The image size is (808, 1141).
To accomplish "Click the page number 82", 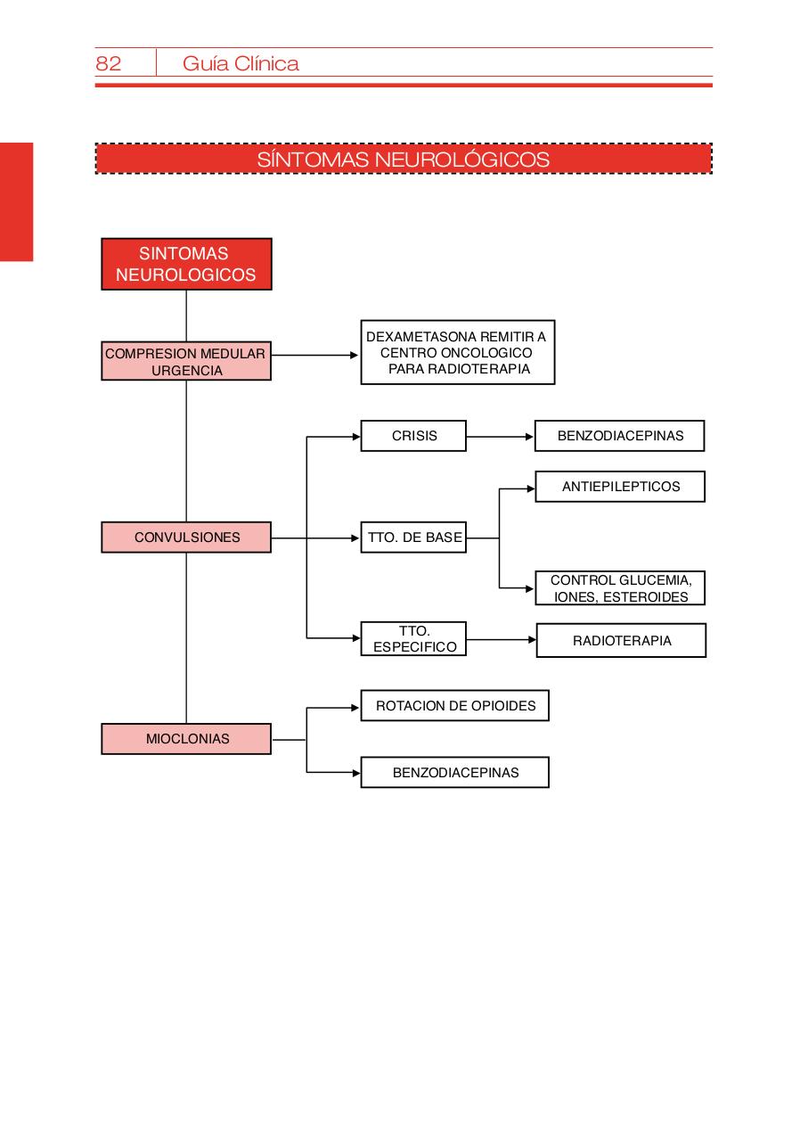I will coord(108,63).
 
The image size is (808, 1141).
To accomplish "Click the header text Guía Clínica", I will coord(241,63).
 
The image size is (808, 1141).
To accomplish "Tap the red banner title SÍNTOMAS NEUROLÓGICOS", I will coord(404,160).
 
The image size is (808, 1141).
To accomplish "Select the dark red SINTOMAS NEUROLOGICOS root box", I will coord(186,265).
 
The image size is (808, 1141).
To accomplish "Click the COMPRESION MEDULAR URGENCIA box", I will coord(186,362).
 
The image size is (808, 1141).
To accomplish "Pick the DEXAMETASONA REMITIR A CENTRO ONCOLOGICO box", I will coord(457,353).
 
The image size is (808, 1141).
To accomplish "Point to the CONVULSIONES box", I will coord(186,538).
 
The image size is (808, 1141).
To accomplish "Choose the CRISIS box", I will coord(413,436).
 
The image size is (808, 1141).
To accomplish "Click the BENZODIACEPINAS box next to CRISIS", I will coord(620,436).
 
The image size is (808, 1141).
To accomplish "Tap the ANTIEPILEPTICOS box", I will coord(620,487).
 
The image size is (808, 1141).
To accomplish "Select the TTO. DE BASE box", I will coord(413,538).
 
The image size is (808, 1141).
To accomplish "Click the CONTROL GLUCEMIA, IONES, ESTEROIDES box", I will coord(620,588).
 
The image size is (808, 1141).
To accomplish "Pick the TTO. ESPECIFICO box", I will coord(413,639).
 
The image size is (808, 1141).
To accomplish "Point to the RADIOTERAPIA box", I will coord(621,640).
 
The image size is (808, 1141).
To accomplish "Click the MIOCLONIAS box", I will coord(186,739).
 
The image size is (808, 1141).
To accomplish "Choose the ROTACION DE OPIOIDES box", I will coord(454,706).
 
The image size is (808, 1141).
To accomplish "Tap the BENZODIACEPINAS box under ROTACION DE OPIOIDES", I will coord(454,773).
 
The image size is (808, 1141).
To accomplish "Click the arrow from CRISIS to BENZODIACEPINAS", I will coord(500,437).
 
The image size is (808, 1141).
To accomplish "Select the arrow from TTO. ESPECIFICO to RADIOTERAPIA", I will coord(501,639).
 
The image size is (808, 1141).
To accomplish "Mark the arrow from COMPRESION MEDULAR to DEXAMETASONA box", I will coord(315,355).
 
